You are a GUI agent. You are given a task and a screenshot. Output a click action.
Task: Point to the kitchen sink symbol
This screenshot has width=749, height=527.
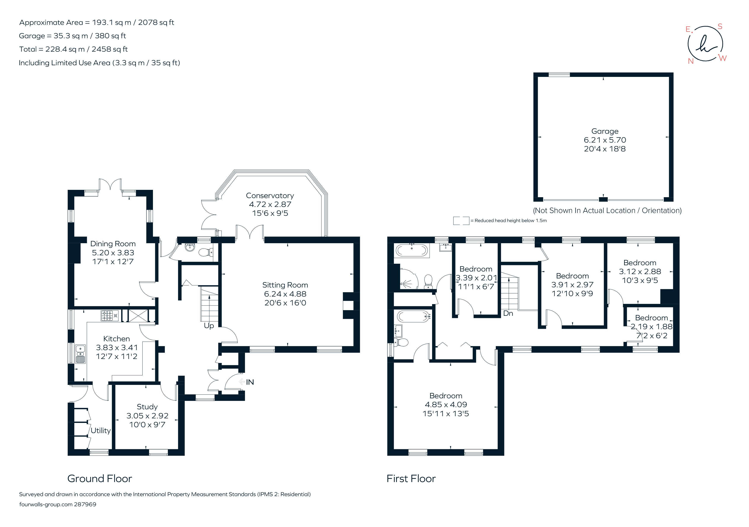(x=80, y=354)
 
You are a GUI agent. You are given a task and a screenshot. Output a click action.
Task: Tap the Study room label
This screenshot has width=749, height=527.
(x=147, y=407)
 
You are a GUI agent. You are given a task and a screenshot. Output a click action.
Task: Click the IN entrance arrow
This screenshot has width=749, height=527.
(x=242, y=382)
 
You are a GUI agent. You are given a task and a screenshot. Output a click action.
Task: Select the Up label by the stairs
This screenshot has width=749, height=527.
(x=209, y=325)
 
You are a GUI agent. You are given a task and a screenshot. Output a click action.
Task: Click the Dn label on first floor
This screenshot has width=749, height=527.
(x=508, y=313)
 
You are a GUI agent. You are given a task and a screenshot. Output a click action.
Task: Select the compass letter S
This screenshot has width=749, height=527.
(x=720, y=26)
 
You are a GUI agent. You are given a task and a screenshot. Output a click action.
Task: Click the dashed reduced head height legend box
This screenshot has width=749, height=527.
(x=461, y=221)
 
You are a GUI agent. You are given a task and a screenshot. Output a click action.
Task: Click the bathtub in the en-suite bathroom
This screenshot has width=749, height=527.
(x=413, y=316)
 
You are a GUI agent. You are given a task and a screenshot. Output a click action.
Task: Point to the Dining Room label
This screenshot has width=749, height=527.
(x=113, y=244)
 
